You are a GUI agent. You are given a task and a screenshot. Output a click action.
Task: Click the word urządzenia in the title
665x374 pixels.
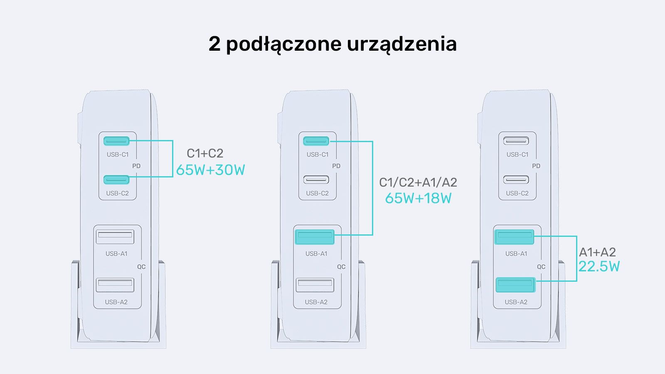pyautogui.click(x=401, y=44)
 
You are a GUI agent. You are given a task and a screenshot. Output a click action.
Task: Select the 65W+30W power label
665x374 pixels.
pyautogui.click(x=210, y=170)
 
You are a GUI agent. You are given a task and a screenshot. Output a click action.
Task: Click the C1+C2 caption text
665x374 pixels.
pyautogui.click(x=205, y=153)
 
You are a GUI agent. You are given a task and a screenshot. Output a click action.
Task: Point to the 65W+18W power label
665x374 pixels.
pyautogui.click(x=418, y=198)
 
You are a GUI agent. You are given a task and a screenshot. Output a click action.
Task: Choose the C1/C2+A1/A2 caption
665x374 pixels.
pyautogui.click(x=418, y=182)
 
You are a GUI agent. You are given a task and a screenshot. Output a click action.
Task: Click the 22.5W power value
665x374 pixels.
pyautogui.click(x=599, y=266)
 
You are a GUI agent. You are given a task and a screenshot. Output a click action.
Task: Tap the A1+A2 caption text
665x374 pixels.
pyautogui.click(x=597, y=252)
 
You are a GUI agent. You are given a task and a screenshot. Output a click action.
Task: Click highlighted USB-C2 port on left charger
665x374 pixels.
pyautogui.click(x=116, y=180)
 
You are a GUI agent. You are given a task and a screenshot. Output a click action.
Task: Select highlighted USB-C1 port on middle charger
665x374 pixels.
pyautogui.click(x=316, y=141)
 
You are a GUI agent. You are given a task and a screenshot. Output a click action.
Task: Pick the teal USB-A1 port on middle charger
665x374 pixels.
pyautogui.click(x=315, y=237)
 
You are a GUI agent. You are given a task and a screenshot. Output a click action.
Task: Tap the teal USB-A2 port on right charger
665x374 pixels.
pyautogui.click(x=515, y=285)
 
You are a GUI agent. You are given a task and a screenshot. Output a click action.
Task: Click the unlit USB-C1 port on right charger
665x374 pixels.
pyautogui.click(x=516, y=141)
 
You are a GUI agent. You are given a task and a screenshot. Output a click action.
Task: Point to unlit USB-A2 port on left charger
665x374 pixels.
pyautogui.click(x=115, y=285)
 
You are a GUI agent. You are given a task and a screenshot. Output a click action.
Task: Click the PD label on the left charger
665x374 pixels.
pyautogui.click(x=136, y=166)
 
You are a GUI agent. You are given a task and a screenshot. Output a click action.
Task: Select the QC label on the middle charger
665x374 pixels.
pyautogui.click(x=341, y=267)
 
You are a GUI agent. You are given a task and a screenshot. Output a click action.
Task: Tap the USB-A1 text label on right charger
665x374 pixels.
pyautogui.click(x=516, y=253)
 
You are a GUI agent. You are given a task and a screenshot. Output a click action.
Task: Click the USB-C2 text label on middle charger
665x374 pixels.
pyautogui.click(x=318, y=193)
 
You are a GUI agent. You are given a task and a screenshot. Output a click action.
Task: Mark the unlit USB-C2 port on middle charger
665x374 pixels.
pyautogui.click(x=316, y=180)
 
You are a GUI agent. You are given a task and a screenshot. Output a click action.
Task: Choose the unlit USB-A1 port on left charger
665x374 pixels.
pyautogui.click(x=115, y=237)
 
